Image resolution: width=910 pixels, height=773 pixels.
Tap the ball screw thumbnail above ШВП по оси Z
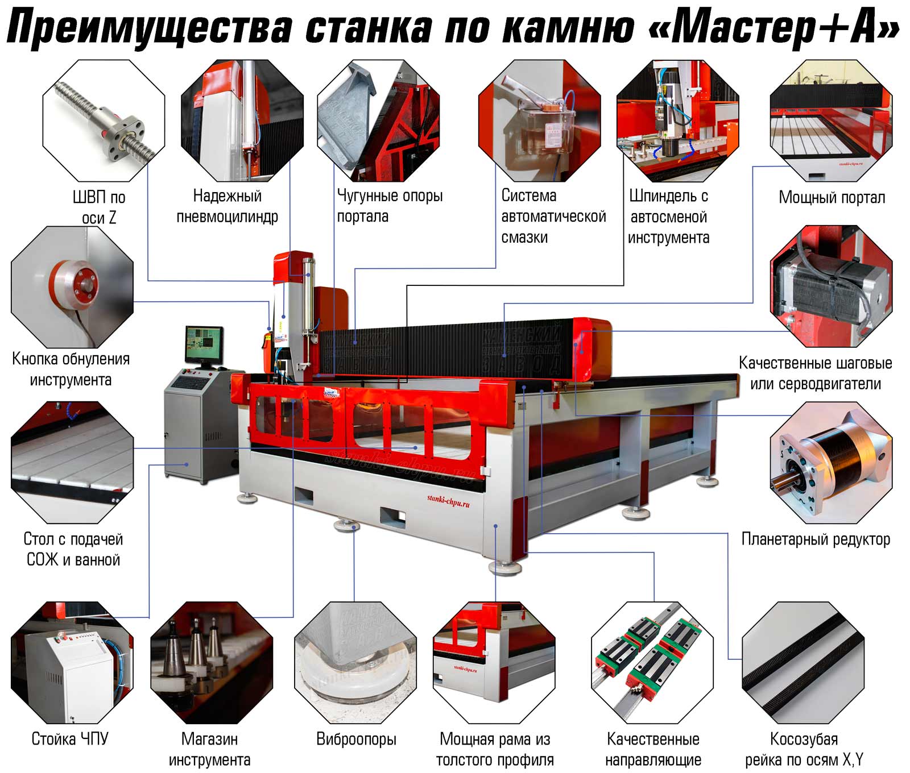(104, 120)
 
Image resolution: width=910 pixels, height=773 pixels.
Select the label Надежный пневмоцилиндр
(227, 206)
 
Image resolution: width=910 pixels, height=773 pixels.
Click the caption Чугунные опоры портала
(390, 206)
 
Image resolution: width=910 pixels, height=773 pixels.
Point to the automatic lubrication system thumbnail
(540, 120)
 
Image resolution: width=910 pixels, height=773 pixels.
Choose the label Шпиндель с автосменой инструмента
(668, 217)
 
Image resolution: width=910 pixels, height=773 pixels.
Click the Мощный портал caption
(832, 197)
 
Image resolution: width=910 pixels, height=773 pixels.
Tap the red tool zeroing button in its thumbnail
(73, 284)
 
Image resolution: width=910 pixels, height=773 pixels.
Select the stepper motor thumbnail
(831, 286)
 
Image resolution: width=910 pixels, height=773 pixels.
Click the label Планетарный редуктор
(816, 539)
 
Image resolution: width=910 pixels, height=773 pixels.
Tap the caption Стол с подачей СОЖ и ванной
(73, 549)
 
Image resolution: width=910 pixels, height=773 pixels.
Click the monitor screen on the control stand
(204, 344)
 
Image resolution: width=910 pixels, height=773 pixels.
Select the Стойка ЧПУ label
(70, 739)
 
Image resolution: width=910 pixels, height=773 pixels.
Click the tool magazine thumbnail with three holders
(212, 663)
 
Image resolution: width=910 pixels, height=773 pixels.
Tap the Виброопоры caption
(356, 739)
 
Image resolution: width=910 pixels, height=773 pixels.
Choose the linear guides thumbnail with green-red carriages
(652, 663)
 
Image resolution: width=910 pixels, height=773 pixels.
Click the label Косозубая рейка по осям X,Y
(804, 749)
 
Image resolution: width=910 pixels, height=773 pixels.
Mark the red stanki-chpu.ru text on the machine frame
(448, 500)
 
